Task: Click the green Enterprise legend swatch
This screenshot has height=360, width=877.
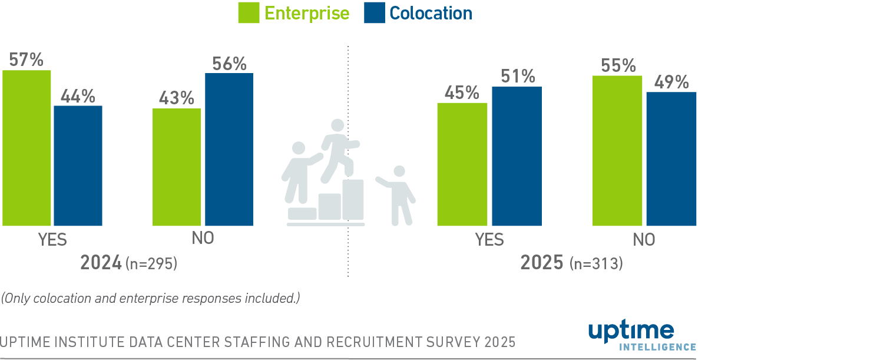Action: [x=249, y=13]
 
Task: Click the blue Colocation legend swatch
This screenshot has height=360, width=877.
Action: [x=375, y=13]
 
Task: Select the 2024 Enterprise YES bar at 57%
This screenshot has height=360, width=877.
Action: [x=27, y=147]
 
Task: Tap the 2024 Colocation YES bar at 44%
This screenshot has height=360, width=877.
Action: [x=78, y=166]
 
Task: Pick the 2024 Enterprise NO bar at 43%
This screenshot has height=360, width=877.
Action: [x=177, y=167]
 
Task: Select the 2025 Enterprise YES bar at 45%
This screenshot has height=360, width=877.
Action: [x=462, y=164]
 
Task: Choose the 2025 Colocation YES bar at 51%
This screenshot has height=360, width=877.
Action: [x=517, y=156]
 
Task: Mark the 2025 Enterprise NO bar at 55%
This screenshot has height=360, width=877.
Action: [x=617, y=150]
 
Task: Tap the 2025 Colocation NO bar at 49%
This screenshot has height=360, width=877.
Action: [x=671, y=158]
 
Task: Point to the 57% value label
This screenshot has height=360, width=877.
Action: [x=27, y=60]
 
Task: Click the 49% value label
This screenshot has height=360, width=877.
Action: [x=671, y=82]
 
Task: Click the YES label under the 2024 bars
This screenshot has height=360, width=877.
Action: [x=52, y=240]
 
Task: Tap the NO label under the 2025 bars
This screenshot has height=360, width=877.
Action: [x=644, y=240]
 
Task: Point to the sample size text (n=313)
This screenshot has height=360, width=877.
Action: [x=596, y=264]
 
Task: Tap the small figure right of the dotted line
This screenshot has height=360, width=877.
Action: [x=398, y=194]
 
